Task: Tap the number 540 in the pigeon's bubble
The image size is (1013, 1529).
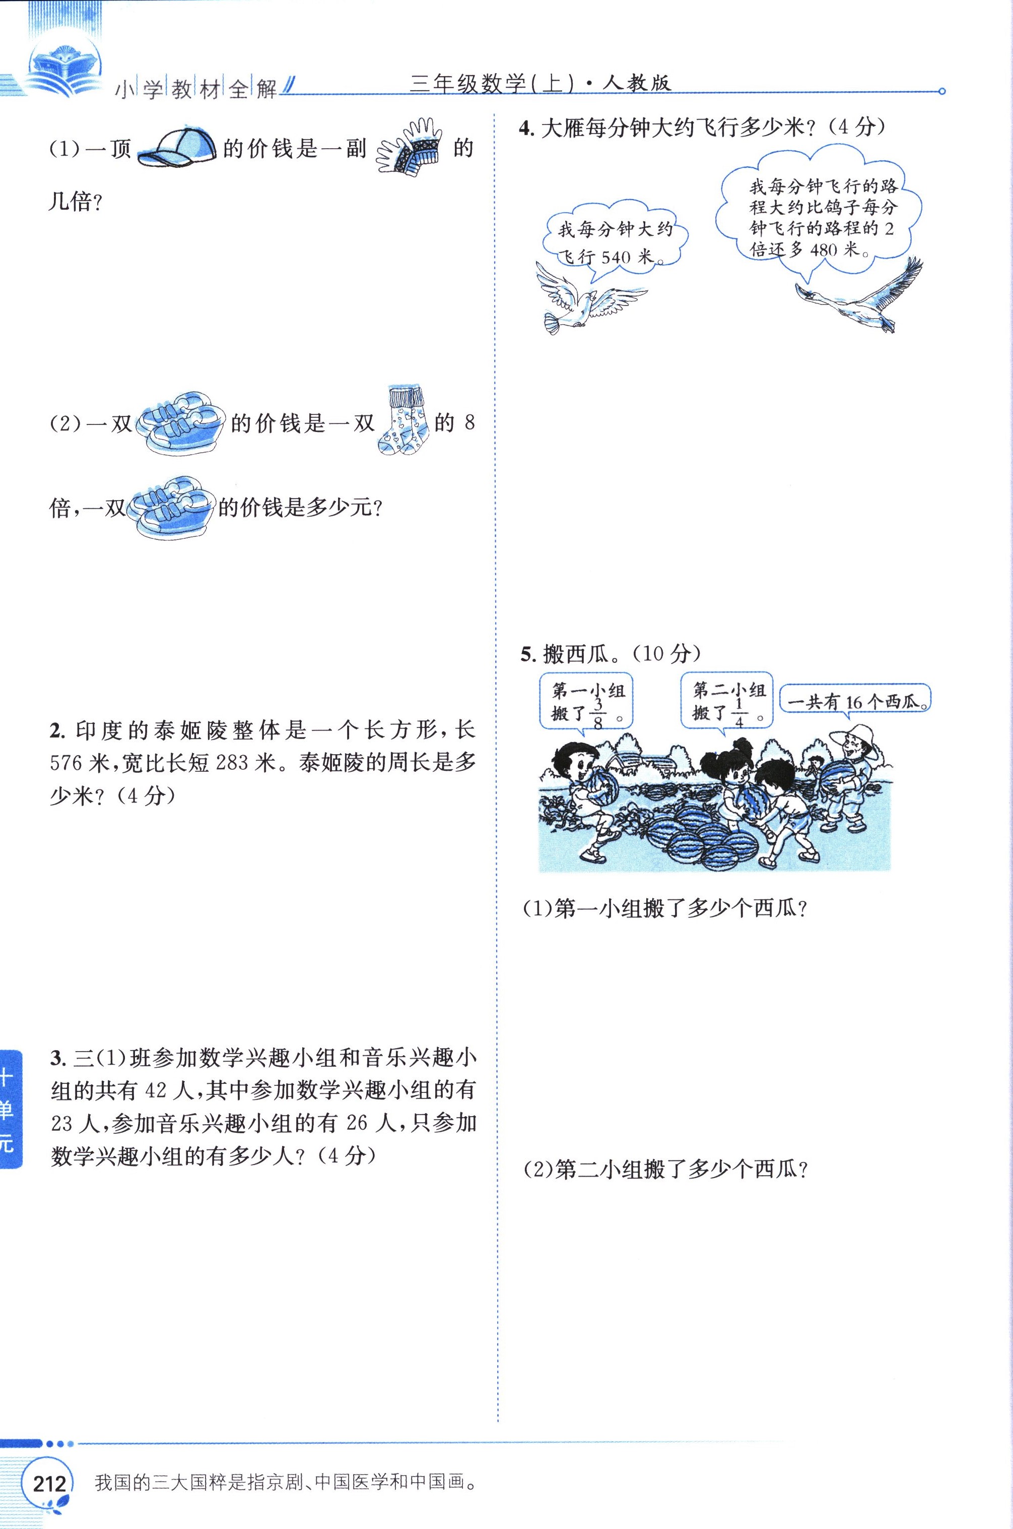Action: click(x=615, y=257)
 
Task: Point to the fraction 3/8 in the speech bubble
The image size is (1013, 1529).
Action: click(x=597, y=714)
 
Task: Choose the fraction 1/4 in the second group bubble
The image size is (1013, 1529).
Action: click(x=739, y=714)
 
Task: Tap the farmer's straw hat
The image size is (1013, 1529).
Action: click(x=853, y=739)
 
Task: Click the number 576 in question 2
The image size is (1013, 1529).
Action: click(x=66, y=763)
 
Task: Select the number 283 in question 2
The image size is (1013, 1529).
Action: click(x=232, y=763)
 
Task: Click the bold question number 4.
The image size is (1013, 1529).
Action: click(x=525, y=128)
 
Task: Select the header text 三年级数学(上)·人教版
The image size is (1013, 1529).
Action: click(x=540, y=83)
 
